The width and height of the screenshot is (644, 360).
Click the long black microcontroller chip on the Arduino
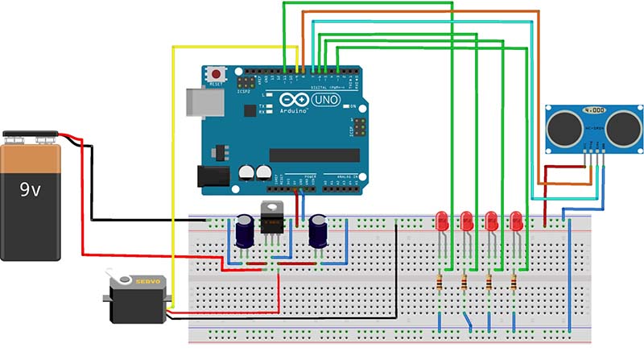pos(315,155)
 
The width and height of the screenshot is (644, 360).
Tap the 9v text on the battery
pos(31,190)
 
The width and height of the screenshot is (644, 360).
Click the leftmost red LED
pos(441,220)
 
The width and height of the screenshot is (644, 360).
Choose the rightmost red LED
pos(516,220)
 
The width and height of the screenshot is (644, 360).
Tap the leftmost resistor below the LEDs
pos(440,282)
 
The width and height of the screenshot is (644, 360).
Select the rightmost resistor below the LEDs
pos(514,282)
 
